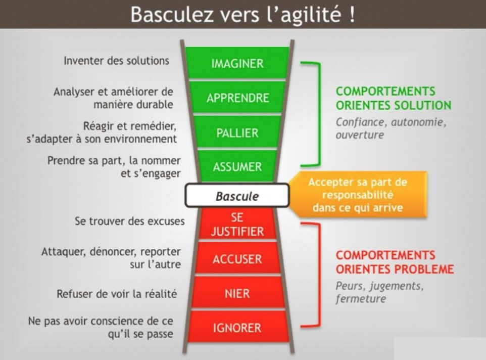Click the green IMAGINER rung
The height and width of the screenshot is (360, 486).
[237, 63]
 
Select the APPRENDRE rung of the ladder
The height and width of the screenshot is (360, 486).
[237, 98]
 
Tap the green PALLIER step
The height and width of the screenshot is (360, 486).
[237, 132]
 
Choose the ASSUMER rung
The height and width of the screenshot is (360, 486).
[237, 166]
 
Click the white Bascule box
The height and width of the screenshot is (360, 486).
[237, 196]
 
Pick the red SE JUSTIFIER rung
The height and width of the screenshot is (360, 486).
[237, 224]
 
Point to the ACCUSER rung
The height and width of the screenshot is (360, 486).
[237, 258]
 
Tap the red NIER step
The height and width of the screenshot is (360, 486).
[237, 293]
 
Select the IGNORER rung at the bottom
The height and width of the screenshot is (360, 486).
[237, 327]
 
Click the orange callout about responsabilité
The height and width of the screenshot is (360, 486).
[358, 195]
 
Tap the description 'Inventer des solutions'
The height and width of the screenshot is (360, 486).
[117, 61]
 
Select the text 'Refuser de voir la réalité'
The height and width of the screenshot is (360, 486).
[117, 294]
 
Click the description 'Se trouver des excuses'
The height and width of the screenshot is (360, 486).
[129, 221]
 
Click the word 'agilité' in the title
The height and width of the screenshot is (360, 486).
[311, 15]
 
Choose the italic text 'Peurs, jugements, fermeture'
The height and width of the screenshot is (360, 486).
[380, 292]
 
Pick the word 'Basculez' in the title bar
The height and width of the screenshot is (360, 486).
[172, 14]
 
